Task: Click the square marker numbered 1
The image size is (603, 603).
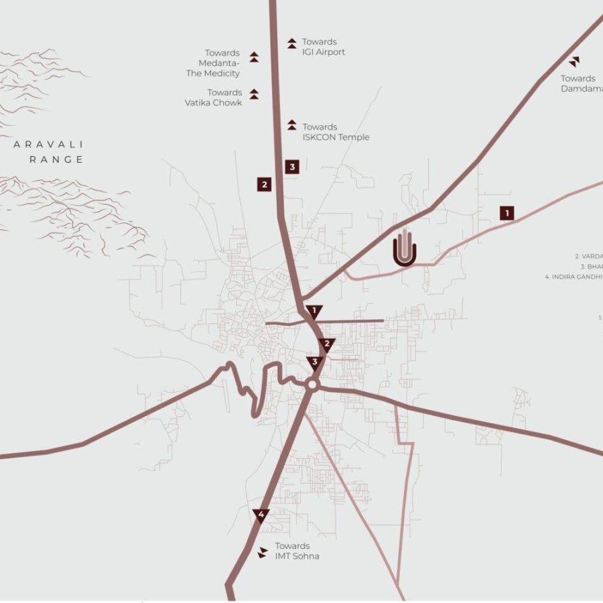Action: [x=508, y=213]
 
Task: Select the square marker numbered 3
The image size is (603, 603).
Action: [x=291, y=167]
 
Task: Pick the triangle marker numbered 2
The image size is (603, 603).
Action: [x=327, y=345]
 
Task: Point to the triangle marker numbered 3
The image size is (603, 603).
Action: [x=315, y=363]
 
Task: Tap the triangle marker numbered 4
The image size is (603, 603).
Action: [x=261, y=515]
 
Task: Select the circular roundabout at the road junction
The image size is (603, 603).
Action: [x=312, y=385]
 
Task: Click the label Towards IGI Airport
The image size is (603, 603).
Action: [x=323, y=47]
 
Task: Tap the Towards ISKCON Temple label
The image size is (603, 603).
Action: [x=335, y=132]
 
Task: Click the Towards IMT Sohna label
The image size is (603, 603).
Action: [x=297, y=551]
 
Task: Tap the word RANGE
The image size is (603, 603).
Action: [x=56, y=159]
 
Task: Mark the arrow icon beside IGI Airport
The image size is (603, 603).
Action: [x=291, y=44]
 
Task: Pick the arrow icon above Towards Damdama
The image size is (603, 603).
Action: [x=575, y=62]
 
